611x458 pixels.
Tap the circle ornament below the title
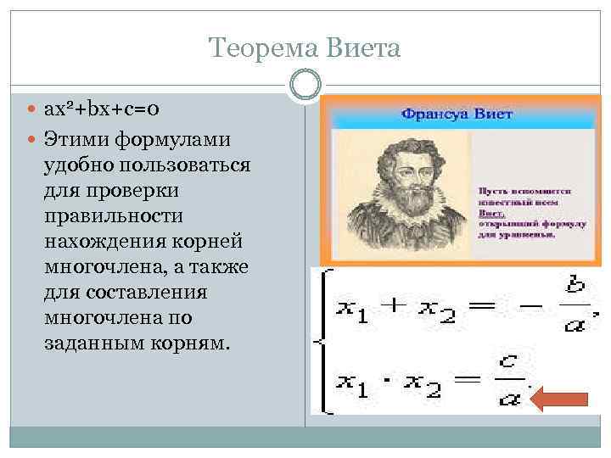pos(305,85)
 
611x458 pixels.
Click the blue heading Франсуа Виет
pos(457,114)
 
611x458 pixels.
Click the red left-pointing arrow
pos(563,399)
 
